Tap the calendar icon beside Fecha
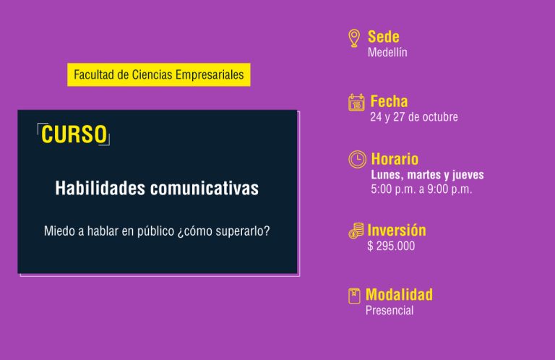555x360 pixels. coord(356,103)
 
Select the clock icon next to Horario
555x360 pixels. coord(358,159)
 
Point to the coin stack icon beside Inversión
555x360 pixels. coord(356,231)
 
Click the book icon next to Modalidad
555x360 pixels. coord(354,296)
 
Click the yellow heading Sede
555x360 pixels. coord(384,36)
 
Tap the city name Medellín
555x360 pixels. coord(387,52)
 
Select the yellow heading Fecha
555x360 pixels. coord(389,101)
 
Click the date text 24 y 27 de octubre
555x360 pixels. coord(414,117)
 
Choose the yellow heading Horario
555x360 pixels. coord(395,159)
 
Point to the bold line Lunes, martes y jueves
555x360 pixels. coord(428,174)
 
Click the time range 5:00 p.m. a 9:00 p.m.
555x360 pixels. coord(421,189)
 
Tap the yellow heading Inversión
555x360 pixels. coord(397,230)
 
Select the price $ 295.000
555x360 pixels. coord(391,246)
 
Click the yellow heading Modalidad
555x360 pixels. coord(399,294)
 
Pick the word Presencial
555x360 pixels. coord(390,310)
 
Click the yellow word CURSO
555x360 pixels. coord(74,134)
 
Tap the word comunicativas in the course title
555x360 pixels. coord(205,188)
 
